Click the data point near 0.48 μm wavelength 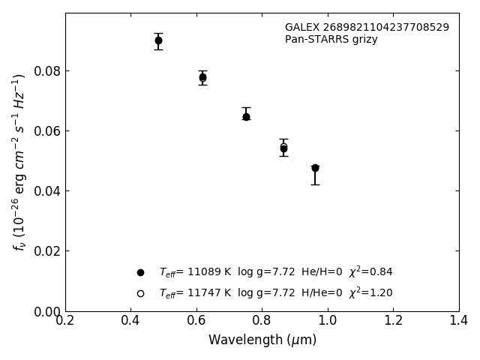pyautogui.click(x=158, y=40)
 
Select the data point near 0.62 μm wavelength pyautogui.click(x=202, y=77)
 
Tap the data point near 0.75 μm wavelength pyautogui.click(x=246, y=116)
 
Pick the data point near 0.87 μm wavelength pyautogui.click(x=283, y=148)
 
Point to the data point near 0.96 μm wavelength pyautogui.click(x=315, y=168)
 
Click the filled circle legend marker pyautogui.click(x=140, y=272)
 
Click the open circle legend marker pyautogui.click(x=140, y=293)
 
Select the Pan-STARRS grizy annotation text pyautogui.click(x=331, y=40)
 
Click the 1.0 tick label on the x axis pyautogui.click(x=328, y=321)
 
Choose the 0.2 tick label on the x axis pyautogui.click(x=65, y=321)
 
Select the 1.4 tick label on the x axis pyautogui.click(x=459, y=321)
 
